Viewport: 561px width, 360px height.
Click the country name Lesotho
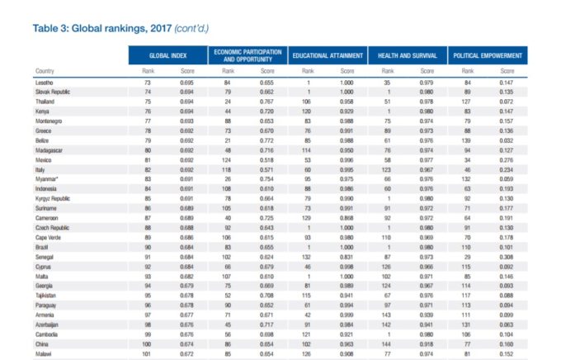[x=45, y=83]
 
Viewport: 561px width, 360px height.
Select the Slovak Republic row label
[x=52, y=92]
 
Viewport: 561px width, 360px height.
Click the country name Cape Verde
[x=48, y=236]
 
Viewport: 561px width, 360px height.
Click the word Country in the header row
[x=45, y=71]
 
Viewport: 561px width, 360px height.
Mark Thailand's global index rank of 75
[x=148, y=100]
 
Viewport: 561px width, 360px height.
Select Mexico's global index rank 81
[x=148, y=159]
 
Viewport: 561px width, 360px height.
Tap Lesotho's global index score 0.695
[x=187, y=83]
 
